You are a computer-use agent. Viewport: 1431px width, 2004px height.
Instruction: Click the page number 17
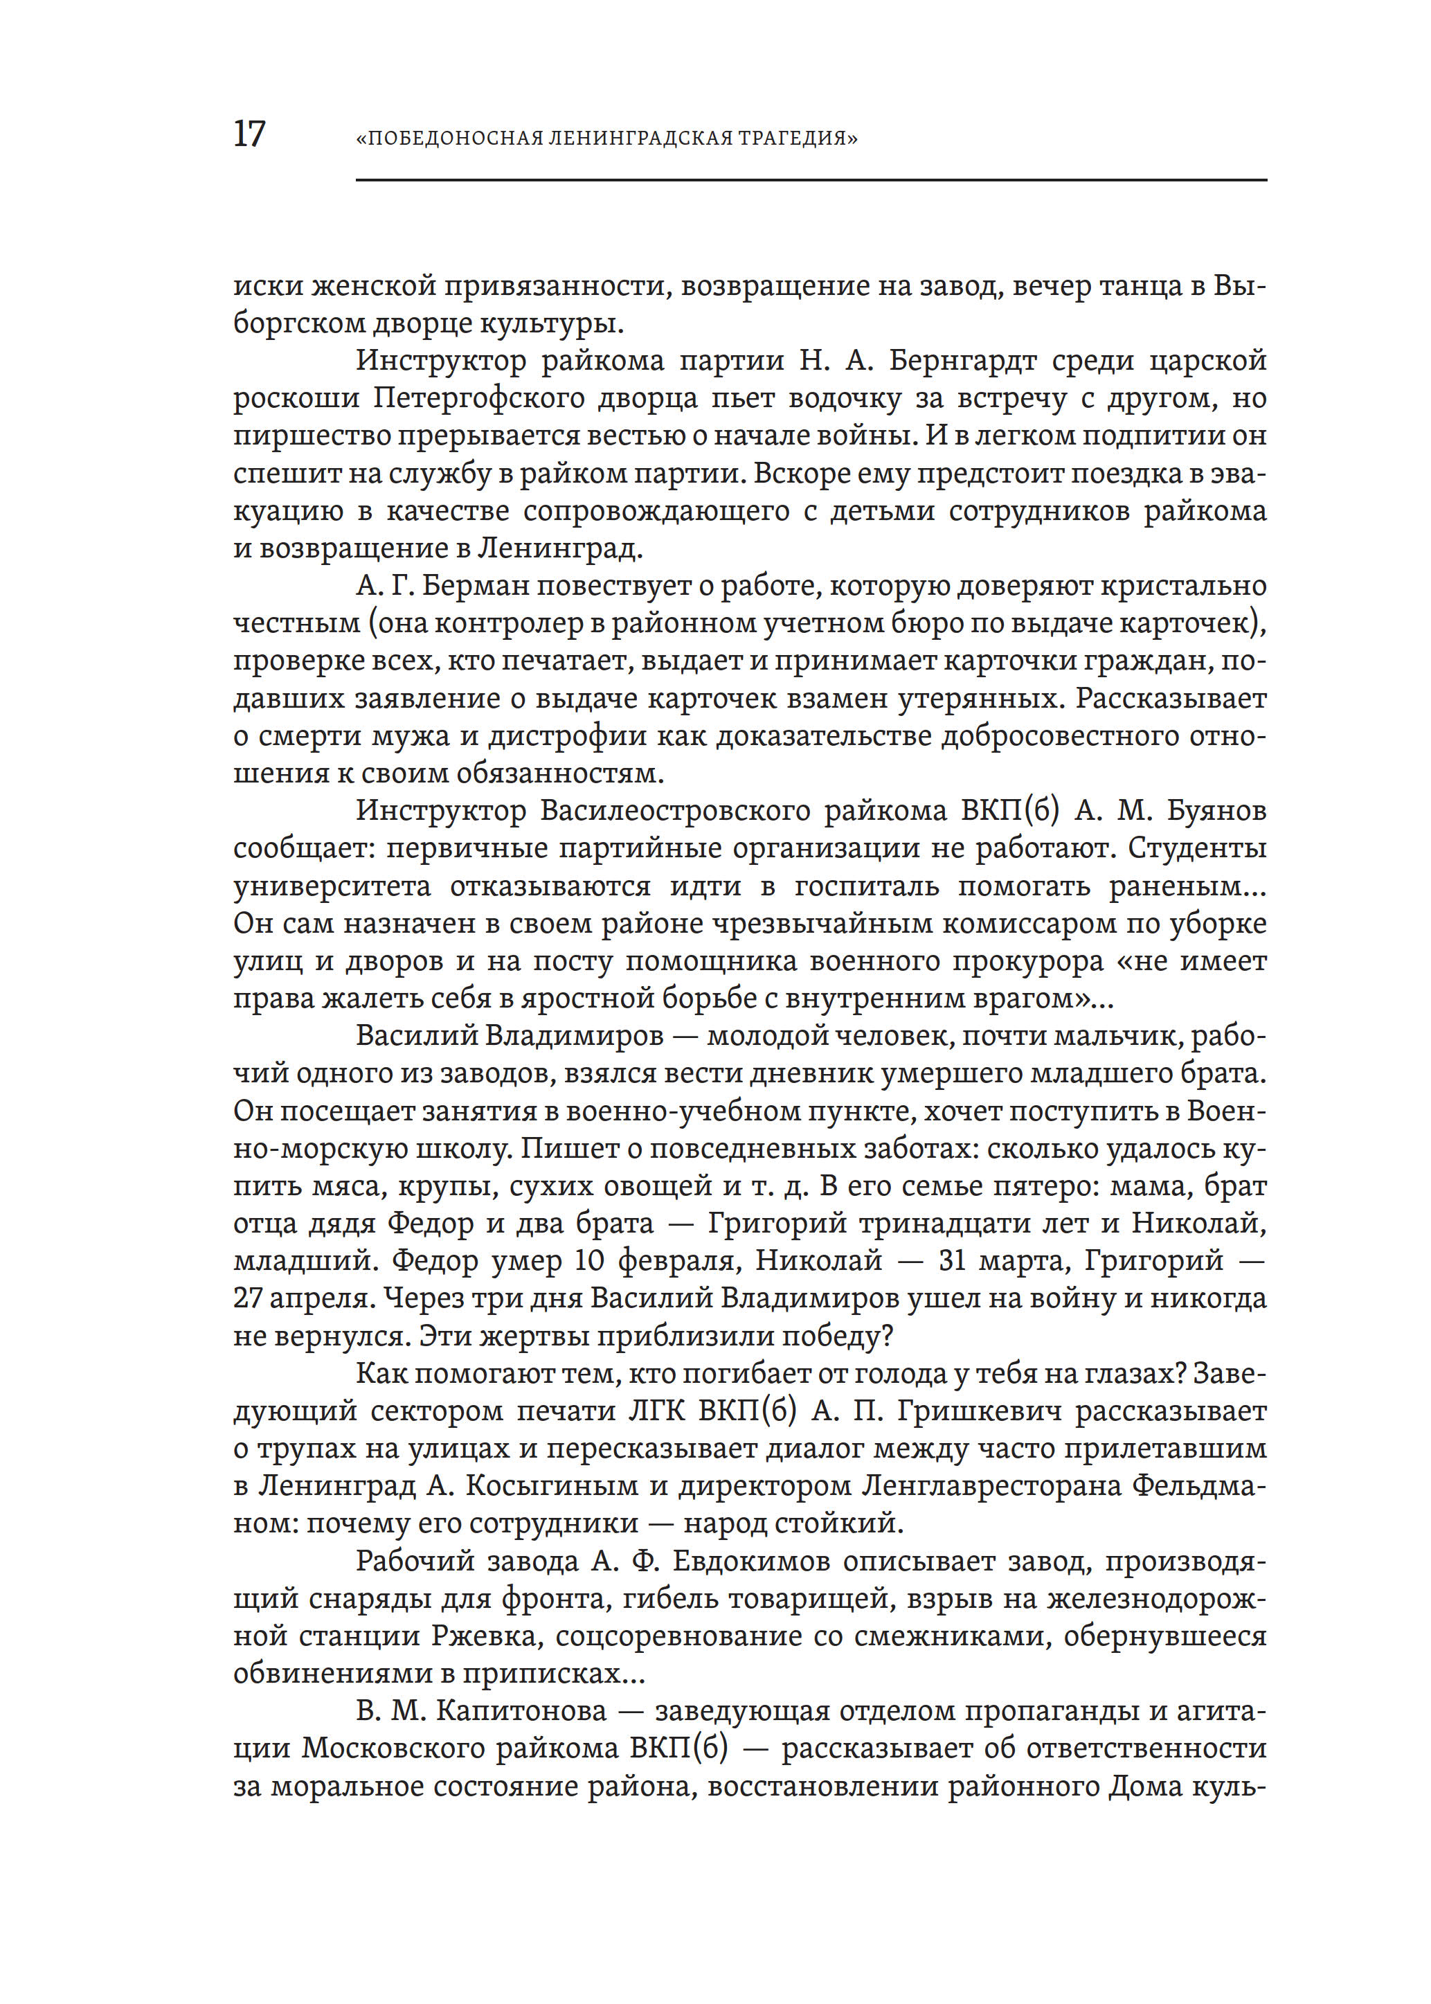[x=249, y=134]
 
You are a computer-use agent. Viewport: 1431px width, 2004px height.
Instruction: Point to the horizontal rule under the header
[x=811, y=181]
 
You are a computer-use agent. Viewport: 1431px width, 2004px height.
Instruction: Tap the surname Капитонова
[x=521, y=1710]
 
